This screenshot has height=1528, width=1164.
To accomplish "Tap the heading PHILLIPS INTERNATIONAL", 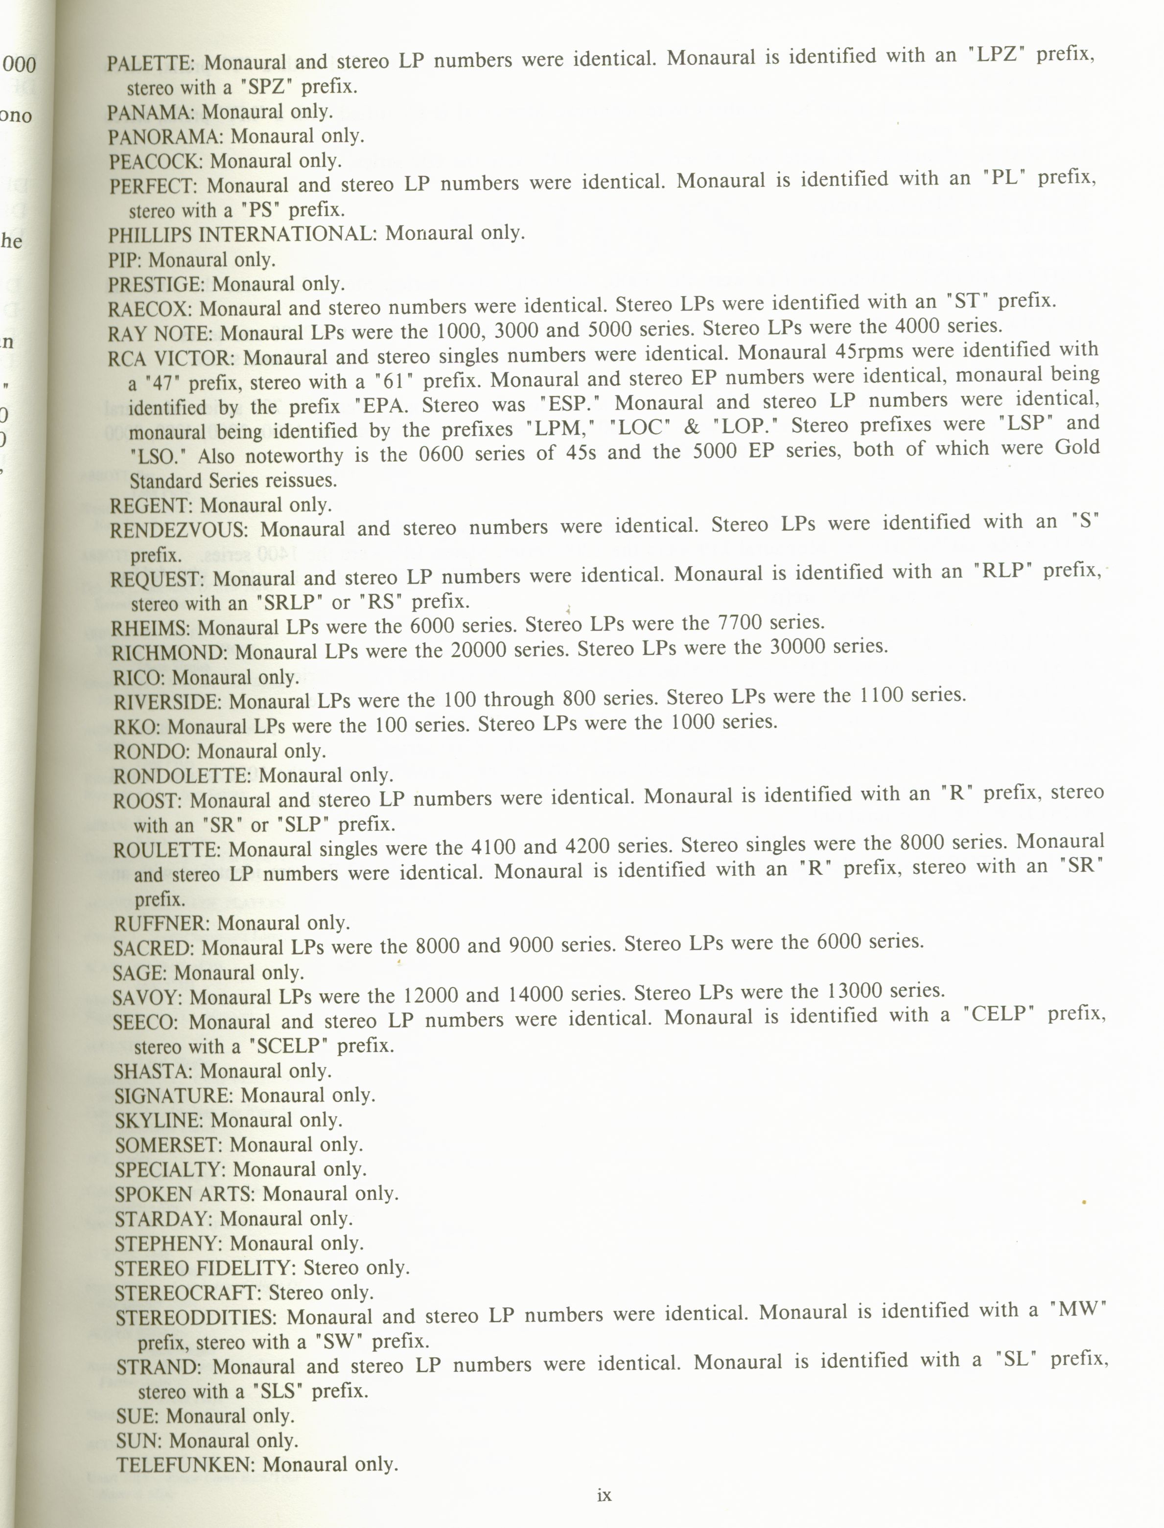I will [241, 235].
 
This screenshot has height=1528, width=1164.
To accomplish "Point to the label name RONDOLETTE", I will [182, 776].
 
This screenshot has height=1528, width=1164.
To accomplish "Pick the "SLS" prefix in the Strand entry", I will [277, 1391].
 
